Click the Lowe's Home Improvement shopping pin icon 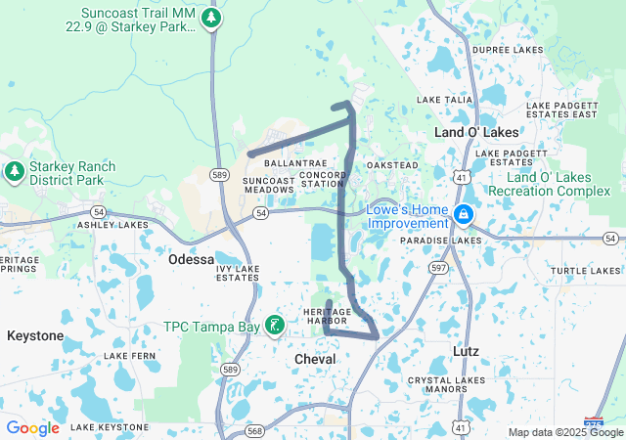(x=464, y=213)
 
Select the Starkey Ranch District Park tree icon (x=14, y=173)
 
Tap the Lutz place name (x=467, y=349)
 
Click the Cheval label (x=315, y=360)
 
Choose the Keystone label (x=35, y=335)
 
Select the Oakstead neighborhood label (x=392, y=165)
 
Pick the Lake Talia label (x=445, y=100)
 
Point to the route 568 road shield (x=254, y=429)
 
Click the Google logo (x=32, y=428)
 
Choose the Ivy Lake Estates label (x=238, y=273)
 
